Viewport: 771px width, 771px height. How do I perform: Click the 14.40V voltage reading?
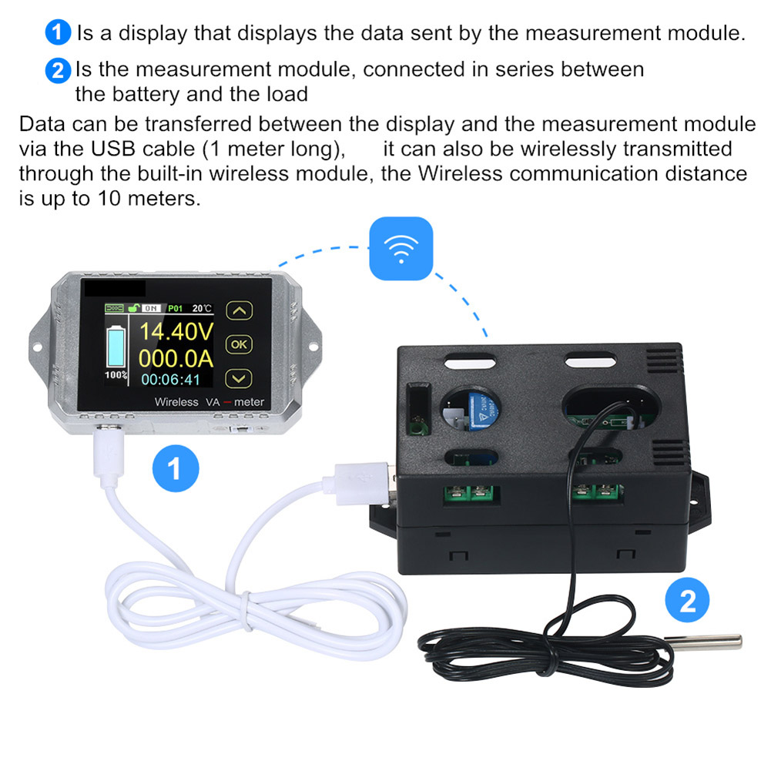(x=176, y=333)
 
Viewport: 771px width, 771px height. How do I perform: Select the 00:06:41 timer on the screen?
(x=170, y=380)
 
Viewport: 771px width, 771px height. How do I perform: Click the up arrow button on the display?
(x=240, y=311)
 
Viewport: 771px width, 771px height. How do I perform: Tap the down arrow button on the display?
(x=240, y=378)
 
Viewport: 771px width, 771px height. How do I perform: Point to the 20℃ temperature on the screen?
(x=203, y=308)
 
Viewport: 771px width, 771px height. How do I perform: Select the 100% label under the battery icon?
(x=116, y=375)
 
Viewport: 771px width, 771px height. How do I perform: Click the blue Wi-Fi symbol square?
(x=401, y=248)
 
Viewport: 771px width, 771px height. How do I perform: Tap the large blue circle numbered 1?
(x=176, y=468)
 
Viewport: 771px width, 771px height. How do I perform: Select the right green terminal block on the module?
(x=598, y=491)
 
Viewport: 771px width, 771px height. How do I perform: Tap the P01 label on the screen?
(x=176, y=308)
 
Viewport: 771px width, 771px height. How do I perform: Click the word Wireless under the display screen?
(x=176, y=402)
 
